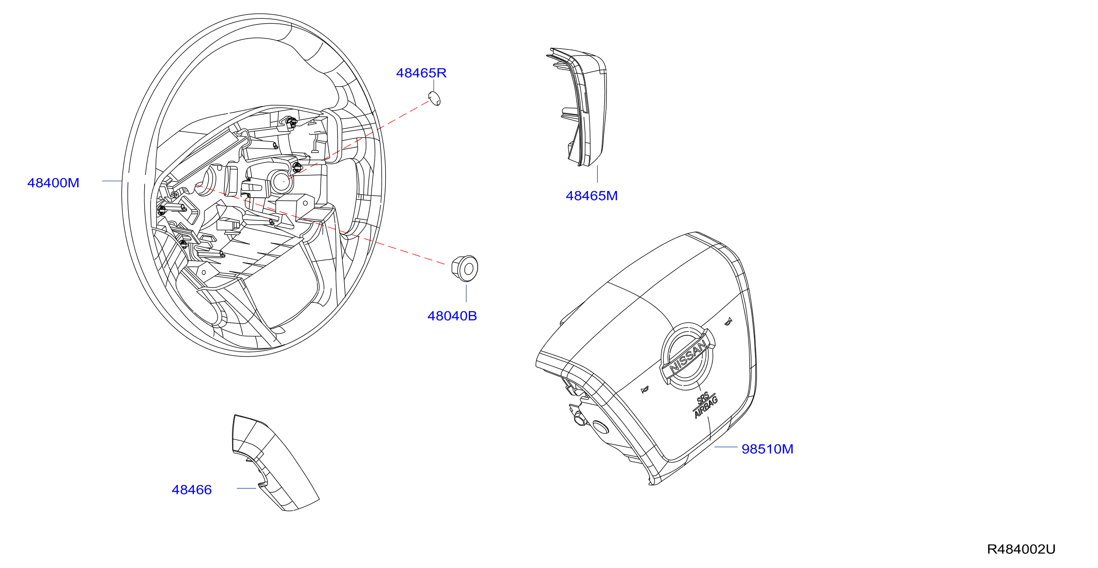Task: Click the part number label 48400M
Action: tap(53, 183)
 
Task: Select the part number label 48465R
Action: tap(421, 73)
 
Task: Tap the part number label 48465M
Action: tap(592, 196)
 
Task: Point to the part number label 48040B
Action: tap(452, 316)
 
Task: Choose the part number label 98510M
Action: tap(767, 449)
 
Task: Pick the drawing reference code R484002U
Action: tap(1021, 549)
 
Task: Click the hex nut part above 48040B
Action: tap(465, 268)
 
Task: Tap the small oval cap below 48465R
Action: tap(434, 98)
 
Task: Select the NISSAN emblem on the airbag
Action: tap(687, 356)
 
